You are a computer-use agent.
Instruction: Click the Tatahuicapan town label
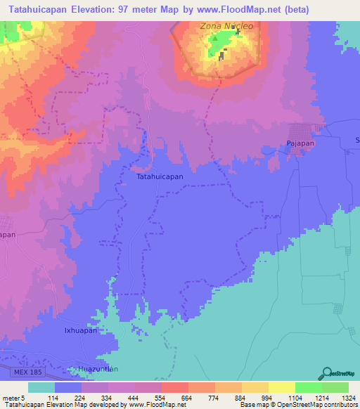160,178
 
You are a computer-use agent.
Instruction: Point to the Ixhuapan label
80,330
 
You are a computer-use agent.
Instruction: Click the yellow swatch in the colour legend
281,387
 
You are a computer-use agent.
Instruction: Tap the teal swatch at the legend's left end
41,387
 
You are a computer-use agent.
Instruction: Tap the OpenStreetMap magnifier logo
325,372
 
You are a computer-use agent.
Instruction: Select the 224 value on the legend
82,398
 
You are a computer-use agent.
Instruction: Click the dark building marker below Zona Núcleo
222,56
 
